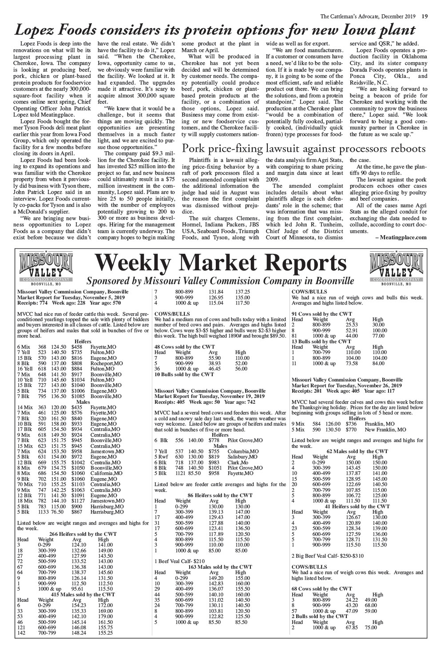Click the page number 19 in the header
[425, 5]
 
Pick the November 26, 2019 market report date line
[347, 385]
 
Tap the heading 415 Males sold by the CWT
[83, 594]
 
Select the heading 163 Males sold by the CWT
[220, 567]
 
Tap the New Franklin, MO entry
[385, 430]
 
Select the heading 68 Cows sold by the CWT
[321, 588]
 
